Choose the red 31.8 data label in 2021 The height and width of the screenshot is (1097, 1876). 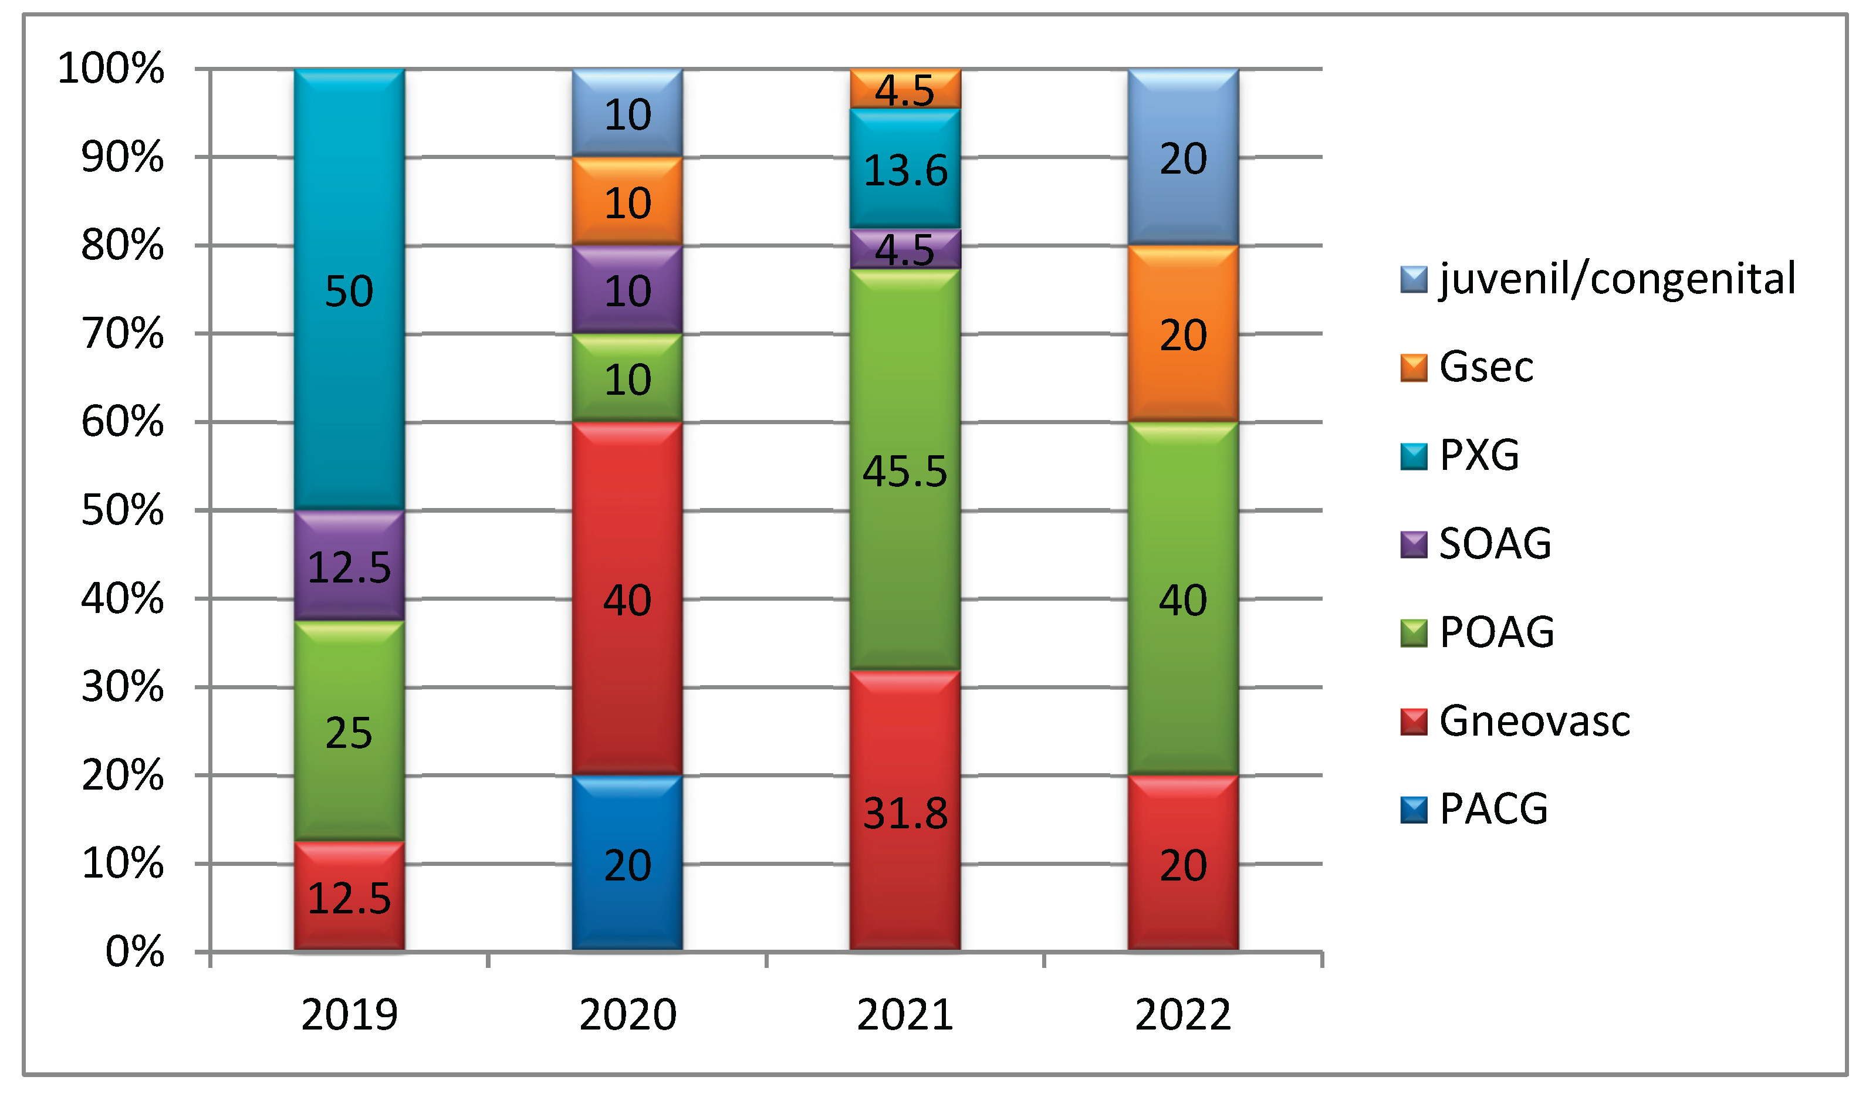point(905,812)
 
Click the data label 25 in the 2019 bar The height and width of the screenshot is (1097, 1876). point(349,733)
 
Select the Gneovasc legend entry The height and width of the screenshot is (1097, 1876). point(1533,720)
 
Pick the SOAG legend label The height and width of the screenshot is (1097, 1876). point(1495,543)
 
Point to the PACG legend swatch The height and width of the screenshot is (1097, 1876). point(1413,810)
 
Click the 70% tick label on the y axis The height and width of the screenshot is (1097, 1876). point(122,333)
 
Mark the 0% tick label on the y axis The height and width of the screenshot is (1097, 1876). point(134,951)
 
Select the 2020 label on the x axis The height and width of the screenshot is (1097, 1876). point(627,1014)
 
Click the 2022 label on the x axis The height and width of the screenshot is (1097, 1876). point(1183,1014)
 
